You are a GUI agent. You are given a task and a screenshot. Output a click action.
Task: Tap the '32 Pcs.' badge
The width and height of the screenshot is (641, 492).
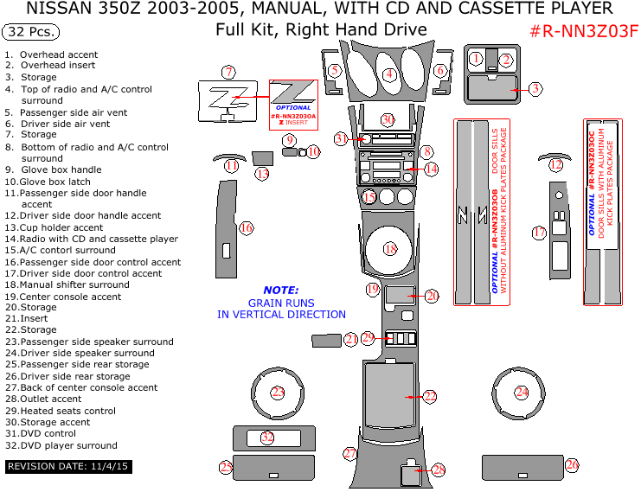coord(32,33)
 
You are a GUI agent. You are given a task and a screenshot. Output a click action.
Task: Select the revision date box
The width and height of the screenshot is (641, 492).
coord(68,466)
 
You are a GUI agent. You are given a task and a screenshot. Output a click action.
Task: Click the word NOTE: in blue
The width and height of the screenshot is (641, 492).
coord(281,291)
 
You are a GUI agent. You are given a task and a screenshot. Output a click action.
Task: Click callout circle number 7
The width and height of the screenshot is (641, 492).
coord(228,72)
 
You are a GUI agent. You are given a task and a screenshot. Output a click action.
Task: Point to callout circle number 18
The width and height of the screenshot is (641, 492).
coord(390,249)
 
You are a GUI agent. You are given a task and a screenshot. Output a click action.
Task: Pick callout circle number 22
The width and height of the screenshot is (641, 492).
coord(430,397)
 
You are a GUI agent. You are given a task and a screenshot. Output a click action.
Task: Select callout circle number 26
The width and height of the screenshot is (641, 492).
coord(572,465)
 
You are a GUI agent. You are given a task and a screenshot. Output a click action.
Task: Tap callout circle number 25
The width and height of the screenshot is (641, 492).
coord(226,468)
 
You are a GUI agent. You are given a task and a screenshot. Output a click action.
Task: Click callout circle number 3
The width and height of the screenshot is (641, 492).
coord(535,88)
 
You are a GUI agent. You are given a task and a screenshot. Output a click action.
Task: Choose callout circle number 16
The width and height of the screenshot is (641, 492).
coord(247,228)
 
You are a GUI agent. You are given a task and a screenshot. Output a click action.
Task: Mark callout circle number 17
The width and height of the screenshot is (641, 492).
coord(539,233)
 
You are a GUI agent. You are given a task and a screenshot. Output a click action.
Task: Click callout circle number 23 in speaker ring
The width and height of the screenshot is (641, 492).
coord(278,393)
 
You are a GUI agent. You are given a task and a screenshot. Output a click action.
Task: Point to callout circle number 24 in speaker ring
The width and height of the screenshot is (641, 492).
coord(522,393)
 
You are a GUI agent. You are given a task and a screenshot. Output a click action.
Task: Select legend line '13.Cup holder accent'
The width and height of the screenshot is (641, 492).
coord(54,228)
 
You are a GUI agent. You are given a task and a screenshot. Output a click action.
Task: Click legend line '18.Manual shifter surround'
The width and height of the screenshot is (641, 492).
coord(67,284)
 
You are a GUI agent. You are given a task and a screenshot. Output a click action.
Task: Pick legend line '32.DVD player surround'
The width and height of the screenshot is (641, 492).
coord(61,446)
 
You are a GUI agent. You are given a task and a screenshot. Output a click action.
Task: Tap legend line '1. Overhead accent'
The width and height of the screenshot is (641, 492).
coord(51,54)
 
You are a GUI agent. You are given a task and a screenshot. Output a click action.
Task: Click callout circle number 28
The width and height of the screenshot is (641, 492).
coord(439,470)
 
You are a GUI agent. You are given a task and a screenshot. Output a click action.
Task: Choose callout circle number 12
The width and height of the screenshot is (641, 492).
coord(556,164)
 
